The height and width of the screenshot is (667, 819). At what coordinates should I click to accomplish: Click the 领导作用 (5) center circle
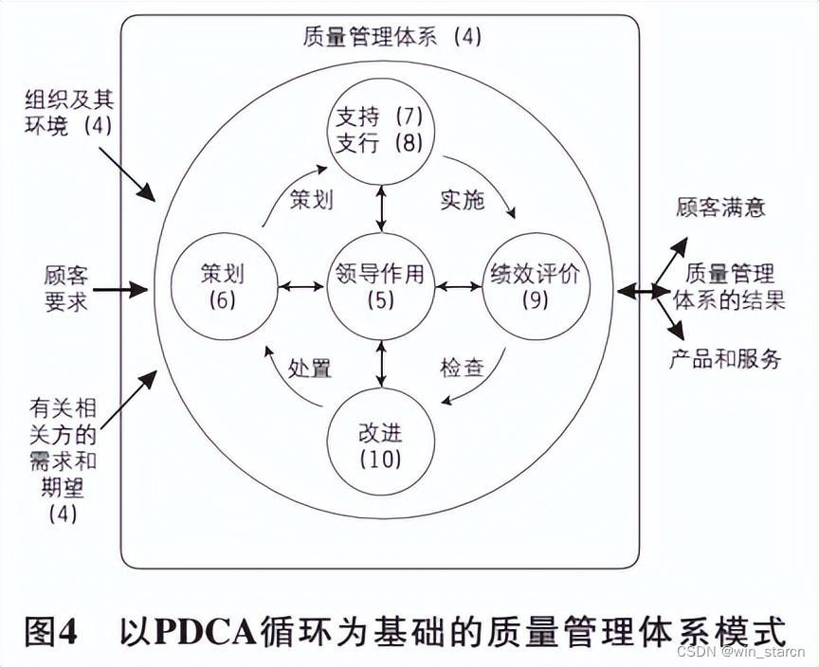click(381, 285)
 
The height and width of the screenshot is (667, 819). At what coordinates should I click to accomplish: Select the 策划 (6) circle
click(223, 285)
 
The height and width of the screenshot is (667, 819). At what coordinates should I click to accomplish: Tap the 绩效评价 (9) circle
click(537, 285)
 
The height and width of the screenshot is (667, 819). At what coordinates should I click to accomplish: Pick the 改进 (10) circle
click(381, 443)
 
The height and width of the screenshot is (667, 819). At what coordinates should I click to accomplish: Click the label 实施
click(462, 200)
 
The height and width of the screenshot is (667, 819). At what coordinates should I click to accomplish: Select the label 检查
click(462, 368)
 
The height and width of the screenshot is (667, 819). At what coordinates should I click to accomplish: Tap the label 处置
click(310, 368)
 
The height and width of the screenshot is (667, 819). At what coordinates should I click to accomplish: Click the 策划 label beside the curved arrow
click(310, 200)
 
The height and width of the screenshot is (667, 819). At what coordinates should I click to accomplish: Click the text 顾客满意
click(720, 207)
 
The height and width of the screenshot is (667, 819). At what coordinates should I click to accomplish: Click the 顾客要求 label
click(65, 287)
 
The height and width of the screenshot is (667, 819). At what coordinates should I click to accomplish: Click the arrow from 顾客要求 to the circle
click(120, 288)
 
